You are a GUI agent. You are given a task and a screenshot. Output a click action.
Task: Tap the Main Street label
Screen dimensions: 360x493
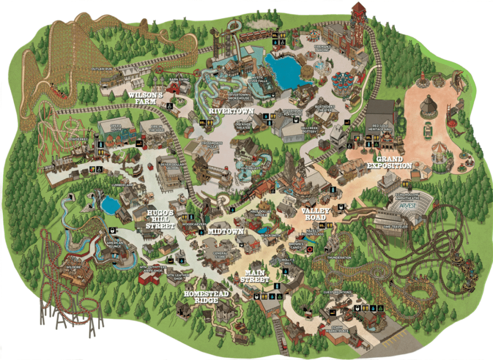tap(254, 276)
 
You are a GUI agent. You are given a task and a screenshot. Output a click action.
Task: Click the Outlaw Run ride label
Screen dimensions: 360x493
tap(102, 69)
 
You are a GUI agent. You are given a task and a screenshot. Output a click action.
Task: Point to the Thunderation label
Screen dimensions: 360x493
tap(339, 257)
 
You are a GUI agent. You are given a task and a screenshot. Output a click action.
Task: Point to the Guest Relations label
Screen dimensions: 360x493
tap(337, 292)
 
